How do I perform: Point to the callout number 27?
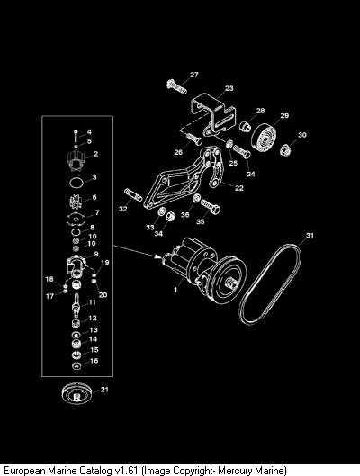194,75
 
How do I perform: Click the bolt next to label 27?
176,86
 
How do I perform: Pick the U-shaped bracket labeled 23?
213,115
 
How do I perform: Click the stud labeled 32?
133,195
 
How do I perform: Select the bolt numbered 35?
211,207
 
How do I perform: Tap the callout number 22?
239,188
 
